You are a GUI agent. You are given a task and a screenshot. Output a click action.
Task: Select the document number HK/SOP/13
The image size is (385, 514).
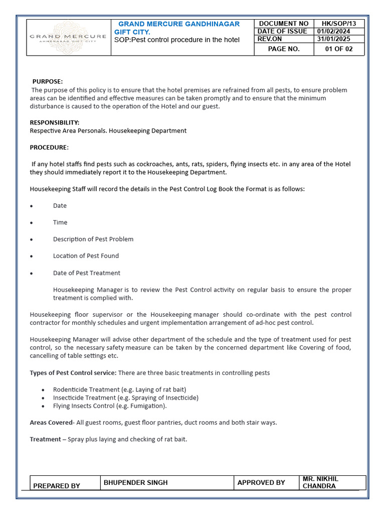pyautogui.click(x=339, y=24)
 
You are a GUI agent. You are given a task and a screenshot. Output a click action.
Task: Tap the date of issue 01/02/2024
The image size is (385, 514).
pyautogui.click(x=334, y=31)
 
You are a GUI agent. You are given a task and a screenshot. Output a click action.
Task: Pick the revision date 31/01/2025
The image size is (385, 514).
pyautogui.click(x=334, y=39)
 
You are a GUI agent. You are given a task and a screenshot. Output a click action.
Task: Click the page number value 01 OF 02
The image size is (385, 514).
pyautogui.click(x=339, y=49)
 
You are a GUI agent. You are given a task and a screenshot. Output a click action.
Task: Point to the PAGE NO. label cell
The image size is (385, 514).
pyautogui.click(x=284, y=49)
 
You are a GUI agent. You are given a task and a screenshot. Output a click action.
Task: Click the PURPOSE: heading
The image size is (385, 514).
pyautogui.click(x=48, y=81)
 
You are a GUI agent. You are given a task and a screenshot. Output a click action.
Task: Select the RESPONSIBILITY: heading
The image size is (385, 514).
pyautogui.click(x=55, y=122)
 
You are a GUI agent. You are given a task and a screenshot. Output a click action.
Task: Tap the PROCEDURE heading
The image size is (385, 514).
pyautogui.click(x=49, y=147)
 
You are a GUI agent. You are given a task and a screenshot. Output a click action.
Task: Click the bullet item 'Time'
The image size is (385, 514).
pyautogui.click(x=60, y=222)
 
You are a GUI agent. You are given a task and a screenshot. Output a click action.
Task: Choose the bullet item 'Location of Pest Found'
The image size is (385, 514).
pyautogui.click(x=86, y=255)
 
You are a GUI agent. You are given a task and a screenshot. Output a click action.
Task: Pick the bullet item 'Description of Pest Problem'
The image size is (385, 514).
pyautogui.click(x=93, y=239)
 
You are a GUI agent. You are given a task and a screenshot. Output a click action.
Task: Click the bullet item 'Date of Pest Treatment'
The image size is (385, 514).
pyautogui.click(x=87, y=273)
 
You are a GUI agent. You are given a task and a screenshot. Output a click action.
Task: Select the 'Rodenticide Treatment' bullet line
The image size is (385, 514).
pyautogui.click(x=119, y=390)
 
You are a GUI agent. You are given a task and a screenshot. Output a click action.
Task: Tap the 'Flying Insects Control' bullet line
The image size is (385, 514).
pyautogui.click(x=110, y=406)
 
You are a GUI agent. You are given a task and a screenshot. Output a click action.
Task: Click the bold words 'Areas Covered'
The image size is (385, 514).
pyautogui.click(x=51, y=423)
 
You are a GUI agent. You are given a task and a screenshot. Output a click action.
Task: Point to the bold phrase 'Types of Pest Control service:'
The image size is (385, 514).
pyautogui.click(x=73, y=372)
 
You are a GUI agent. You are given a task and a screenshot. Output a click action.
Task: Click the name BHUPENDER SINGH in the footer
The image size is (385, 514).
pyautogui.click(x=135, y=482)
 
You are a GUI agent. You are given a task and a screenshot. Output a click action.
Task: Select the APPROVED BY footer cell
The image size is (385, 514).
pyautogui.click(x=261, y=482)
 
